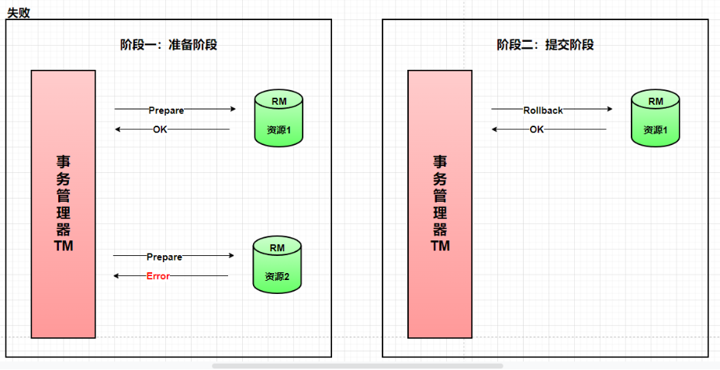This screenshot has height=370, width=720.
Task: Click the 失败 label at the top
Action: click(19, 12)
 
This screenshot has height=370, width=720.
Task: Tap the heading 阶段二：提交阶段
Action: click(545, 45)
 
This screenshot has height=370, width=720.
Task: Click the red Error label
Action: click(158, 276)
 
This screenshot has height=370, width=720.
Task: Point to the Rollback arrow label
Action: click(543, 110)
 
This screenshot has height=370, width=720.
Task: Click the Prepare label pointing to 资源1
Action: click(166, 110)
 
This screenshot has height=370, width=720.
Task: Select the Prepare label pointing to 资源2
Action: click(164, 257)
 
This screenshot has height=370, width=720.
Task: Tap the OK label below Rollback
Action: click(537, 130)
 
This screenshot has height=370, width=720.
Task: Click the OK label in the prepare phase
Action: click(160, 130)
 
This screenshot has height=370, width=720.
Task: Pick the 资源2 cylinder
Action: click(277, 265)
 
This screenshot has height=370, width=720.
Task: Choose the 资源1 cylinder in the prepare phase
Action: click(279, 119)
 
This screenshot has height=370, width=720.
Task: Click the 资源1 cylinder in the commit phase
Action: click(656, 119)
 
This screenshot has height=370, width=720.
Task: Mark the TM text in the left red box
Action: click(64, 246)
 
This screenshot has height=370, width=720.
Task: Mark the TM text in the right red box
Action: click(440, 246)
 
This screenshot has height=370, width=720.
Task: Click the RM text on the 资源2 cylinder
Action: click(277, 248)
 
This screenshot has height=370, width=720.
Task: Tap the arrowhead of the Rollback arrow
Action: click(609, 109)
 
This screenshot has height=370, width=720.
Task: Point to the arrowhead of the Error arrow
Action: click(117, 275)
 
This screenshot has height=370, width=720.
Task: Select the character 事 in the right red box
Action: click(440, 161)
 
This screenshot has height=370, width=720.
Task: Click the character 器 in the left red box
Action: click(64, 229)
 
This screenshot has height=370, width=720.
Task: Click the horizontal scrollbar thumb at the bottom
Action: click(358, 365)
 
